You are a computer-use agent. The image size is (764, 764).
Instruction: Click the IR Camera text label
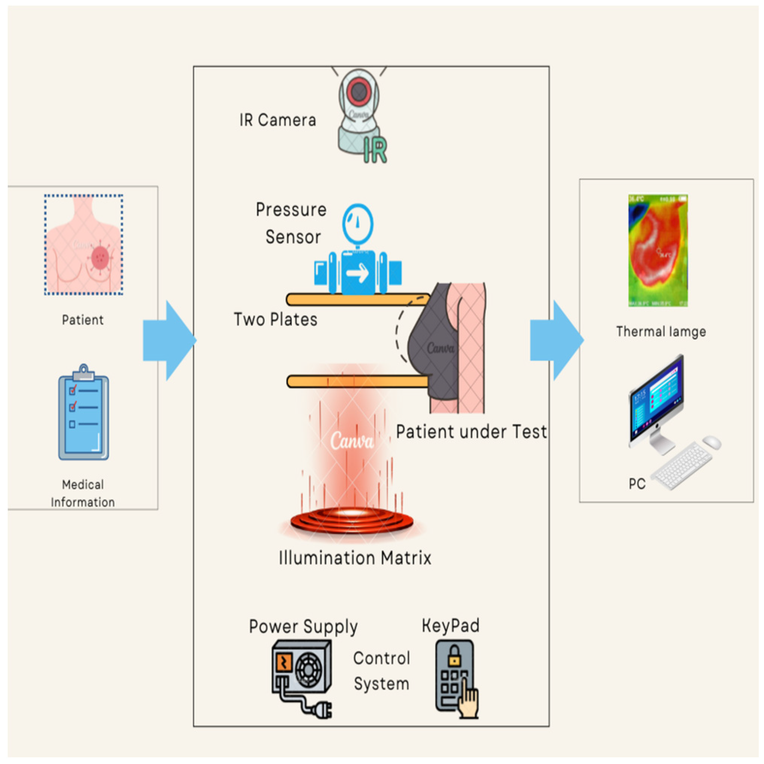(x=277, y=120)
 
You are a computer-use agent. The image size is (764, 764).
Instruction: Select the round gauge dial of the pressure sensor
(x=357, y=224)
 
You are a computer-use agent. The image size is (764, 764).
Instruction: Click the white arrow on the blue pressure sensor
(x=357, y=273)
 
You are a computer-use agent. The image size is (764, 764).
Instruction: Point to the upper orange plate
(x=356, y=300)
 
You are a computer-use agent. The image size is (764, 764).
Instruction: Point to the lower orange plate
(x=356, y=381)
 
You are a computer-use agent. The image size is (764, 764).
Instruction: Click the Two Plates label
(x=275, y=319)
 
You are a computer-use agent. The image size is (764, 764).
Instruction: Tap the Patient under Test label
(x=471, y=431)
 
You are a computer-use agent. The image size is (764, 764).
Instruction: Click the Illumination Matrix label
(x=355, y=558)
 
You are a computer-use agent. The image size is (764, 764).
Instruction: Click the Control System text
(x=381, y=671)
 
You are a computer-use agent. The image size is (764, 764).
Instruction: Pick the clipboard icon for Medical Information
(x=83, y=413)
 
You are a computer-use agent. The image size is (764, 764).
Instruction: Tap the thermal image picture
(x=658, y=250)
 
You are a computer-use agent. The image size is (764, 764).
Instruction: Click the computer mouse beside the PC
(x=711, y=442)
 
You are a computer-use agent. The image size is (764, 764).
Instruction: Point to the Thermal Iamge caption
(x=661, y=331)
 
